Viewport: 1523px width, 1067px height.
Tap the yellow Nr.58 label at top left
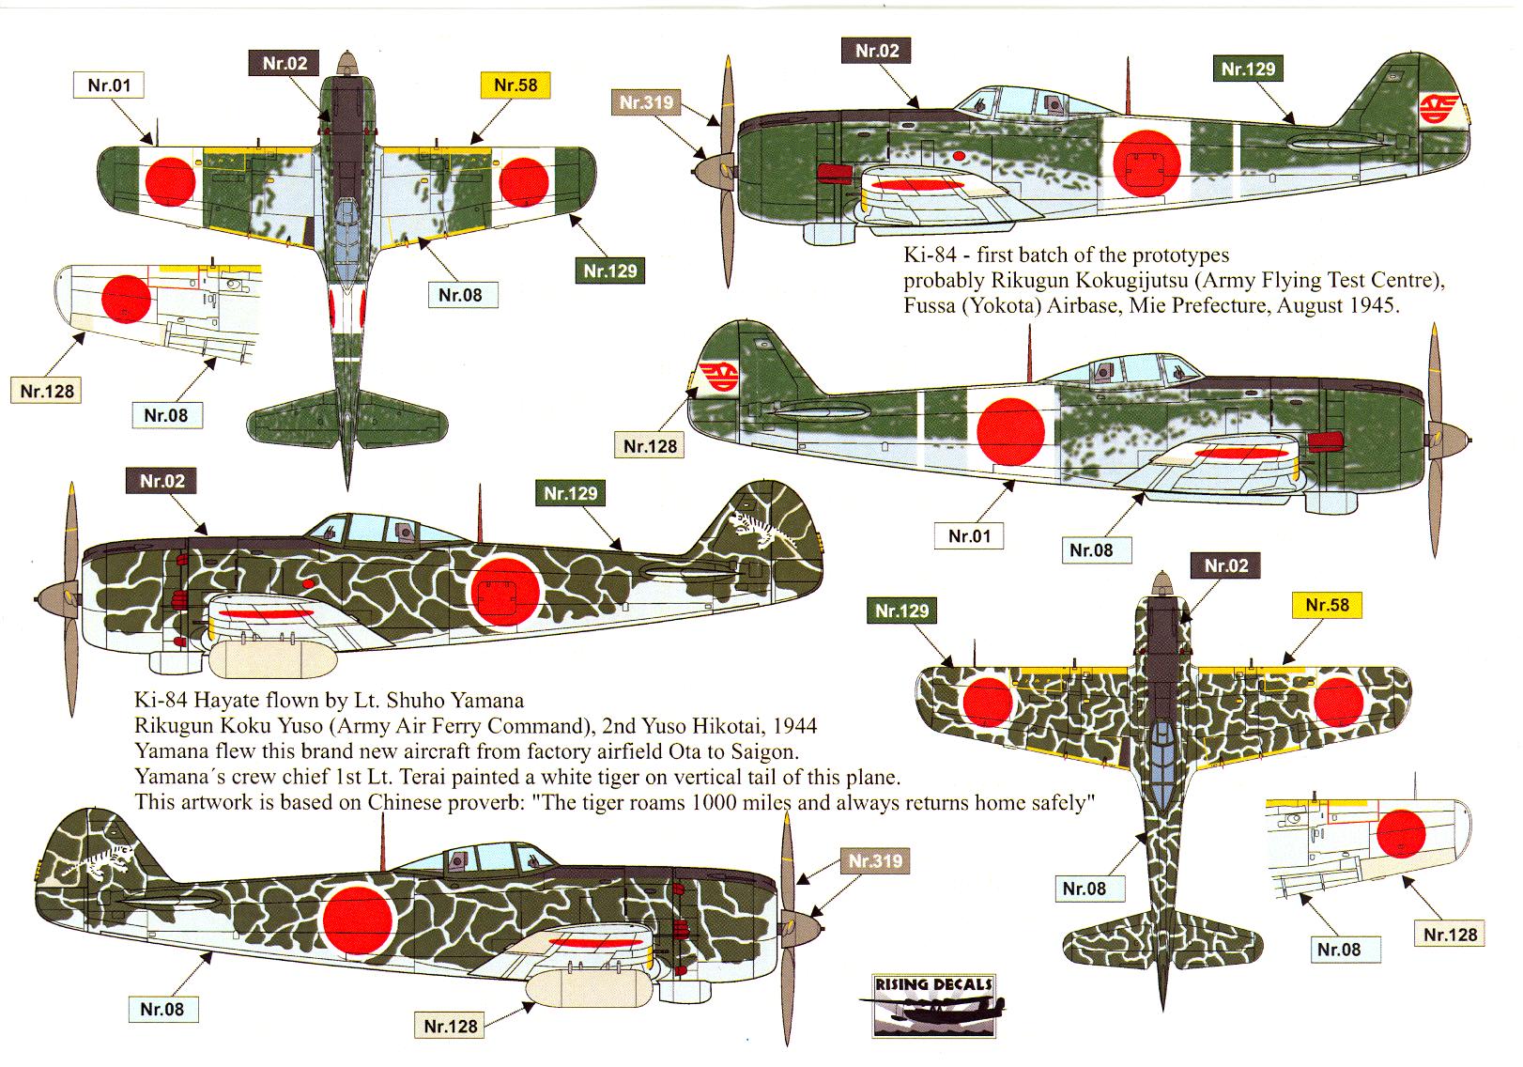click(515, 85)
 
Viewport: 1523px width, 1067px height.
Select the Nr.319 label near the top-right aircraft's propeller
click(647, 102)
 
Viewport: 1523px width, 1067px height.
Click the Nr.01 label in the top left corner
click(109, 85)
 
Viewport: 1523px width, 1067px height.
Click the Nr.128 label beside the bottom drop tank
click(451, 1027)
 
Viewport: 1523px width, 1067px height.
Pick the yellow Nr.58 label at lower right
click(1328, 605)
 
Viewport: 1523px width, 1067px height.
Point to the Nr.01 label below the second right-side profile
click(969, 536)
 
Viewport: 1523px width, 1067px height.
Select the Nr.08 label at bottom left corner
click(162, 1010)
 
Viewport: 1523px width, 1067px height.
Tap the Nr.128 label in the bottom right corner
click(1450, 935)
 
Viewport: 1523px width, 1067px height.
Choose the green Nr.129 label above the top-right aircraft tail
click(1248, 69)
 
